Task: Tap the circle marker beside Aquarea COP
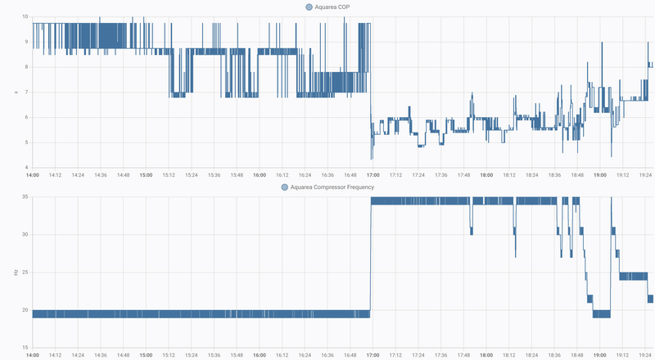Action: tap(309, 7)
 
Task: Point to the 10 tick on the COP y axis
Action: tap(25, 16)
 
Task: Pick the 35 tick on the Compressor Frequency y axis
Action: tap(25, 197)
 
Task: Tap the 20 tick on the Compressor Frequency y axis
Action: tap(25, 311)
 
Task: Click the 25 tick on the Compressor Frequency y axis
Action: tap(25, 273)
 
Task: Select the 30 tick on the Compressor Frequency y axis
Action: tap(25, 235)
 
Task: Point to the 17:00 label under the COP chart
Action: tap(373, 174)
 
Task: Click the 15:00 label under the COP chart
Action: tap(147, 174)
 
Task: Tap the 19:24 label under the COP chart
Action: tap(644, 174)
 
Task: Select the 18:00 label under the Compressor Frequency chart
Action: tap(486, 355)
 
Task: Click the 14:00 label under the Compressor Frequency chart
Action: tap(33, 355)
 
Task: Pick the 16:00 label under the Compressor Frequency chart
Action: tap(260, 355)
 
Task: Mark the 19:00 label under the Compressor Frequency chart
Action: tap(599, 355)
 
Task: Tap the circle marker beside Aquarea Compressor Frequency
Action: tap(285, 187)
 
